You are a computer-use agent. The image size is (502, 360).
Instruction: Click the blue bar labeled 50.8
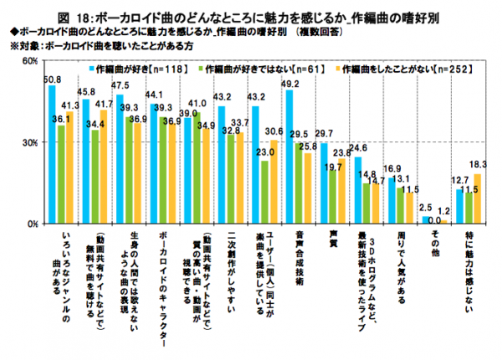[x=51, y=155]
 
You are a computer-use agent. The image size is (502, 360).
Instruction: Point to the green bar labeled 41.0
[x=196, y=168]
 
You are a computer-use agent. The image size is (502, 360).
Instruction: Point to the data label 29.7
[x=325, y=133]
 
